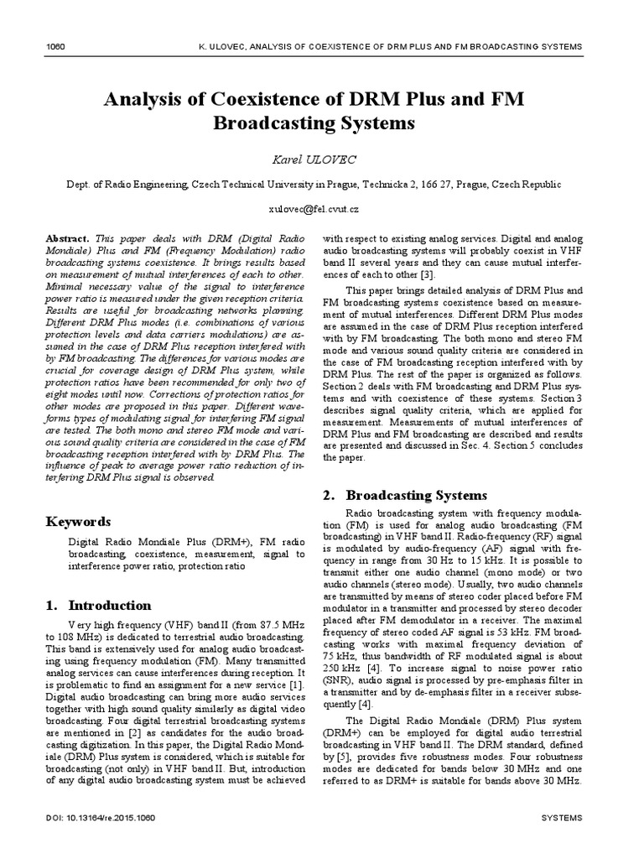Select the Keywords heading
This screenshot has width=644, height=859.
coord(78,521)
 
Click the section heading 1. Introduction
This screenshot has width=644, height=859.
coord(98,605)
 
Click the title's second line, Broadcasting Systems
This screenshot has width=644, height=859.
coord(314,123)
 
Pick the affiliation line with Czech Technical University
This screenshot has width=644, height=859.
coord(321,184)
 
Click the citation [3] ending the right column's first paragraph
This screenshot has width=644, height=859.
coord(428,274)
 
